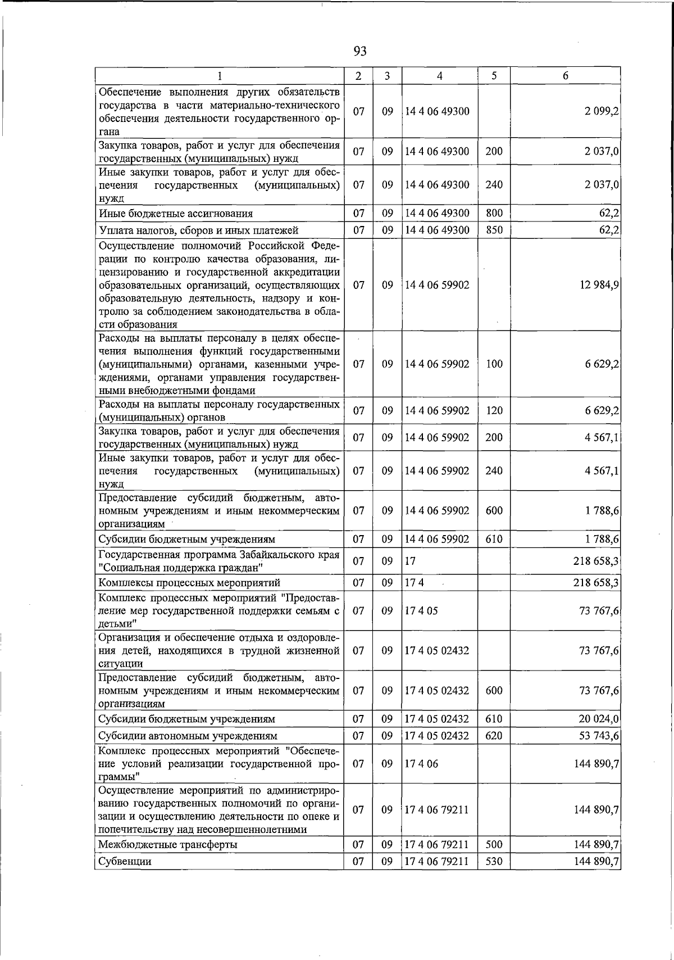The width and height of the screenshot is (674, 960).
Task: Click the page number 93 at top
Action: (x=361, y=51)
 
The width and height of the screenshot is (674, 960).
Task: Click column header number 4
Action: (x=439, y=76)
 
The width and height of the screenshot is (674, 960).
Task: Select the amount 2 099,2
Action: (x=600, y=111)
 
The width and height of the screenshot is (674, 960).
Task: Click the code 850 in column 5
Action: (x=494, y=230)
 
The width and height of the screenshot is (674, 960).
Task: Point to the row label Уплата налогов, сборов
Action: (x=198, y=230)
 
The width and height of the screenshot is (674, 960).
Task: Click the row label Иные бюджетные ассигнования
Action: (x=176, y=214)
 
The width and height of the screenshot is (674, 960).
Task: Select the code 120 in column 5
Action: (x=494, y=411)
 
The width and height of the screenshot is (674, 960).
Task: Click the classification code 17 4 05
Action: (x=421, y=610)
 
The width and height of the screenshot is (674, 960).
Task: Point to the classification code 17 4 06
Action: (x=421, y=764)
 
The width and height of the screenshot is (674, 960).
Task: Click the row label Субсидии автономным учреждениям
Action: (x=188, y=736)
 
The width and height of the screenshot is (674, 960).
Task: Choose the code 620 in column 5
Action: (x=494, y=736)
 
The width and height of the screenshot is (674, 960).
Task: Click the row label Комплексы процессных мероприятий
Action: (x=189, y=583)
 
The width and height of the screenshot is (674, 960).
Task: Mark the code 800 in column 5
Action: (x=494, y=213)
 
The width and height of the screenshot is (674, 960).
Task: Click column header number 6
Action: (x=565, y=76)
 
